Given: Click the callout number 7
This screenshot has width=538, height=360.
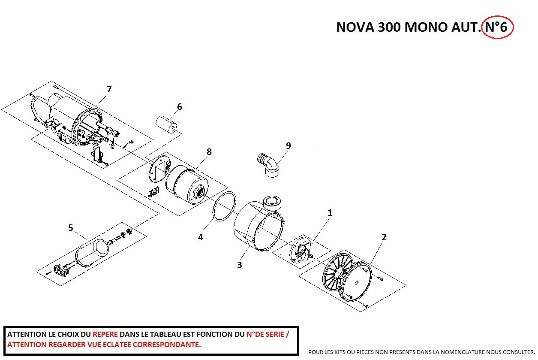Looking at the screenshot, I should point(109,89).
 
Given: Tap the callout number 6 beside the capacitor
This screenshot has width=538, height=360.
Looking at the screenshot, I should point(180,107).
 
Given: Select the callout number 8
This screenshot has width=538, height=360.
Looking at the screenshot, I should point(209,152).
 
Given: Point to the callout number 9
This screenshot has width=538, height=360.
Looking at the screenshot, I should point(288,146).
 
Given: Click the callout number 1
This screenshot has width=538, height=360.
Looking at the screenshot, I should point(330,213).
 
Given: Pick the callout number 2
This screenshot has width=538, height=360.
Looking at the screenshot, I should point(384,237).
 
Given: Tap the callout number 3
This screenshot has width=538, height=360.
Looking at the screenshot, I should point(240,265).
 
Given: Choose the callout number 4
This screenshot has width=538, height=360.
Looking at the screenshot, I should point(201,237).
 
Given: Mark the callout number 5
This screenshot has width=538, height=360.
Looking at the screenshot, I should point(71,228).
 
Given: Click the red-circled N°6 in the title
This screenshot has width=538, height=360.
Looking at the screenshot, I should point(497,27).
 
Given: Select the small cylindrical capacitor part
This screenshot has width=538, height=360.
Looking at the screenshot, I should point(167,124).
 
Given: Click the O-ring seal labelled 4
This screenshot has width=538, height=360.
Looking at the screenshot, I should point(225,206).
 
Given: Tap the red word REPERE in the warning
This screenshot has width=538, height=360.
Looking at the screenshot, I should point(105,334).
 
